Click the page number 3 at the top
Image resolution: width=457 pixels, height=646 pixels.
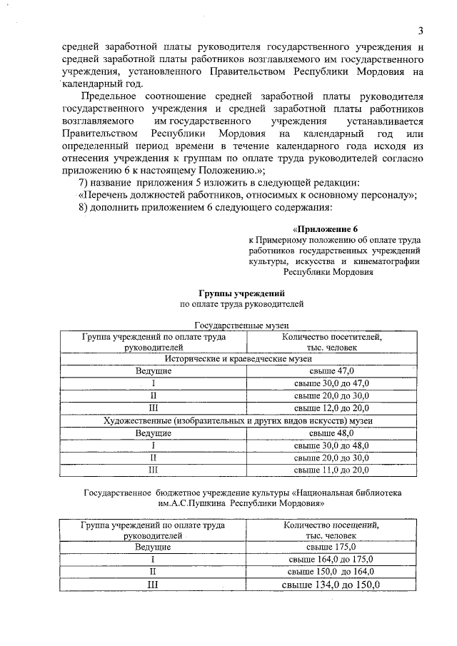(421, 30)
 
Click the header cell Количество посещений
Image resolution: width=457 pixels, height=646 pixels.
(331, 530)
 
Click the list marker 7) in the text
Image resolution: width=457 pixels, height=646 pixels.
(84, 183)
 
